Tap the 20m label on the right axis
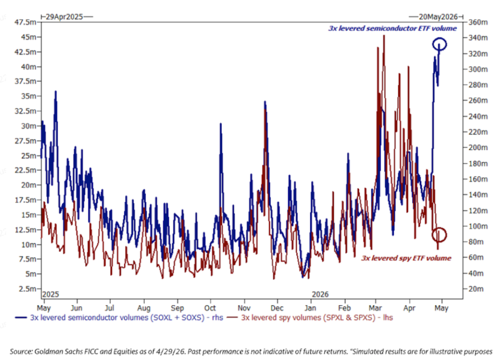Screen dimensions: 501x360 point(476,289)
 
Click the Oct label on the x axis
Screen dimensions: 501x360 point(210,308)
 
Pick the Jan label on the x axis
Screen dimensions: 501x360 point(310,308)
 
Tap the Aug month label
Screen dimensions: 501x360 point(144,308)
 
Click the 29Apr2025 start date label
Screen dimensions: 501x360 point(64,17)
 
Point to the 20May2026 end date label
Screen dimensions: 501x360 point(438,17)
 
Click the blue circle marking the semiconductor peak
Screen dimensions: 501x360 point(440,38)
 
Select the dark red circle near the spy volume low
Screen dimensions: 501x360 point(439,228)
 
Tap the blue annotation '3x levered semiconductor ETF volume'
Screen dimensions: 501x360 point(393,28)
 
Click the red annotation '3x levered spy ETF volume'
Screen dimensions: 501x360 point(406,258)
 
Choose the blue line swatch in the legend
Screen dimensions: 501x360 point(21,317)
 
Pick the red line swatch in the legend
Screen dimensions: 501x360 point(232,317)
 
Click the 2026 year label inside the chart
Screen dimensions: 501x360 point(320,294)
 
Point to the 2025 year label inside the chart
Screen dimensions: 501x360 point(51,294)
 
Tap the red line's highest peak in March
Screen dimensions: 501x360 point(384,35)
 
